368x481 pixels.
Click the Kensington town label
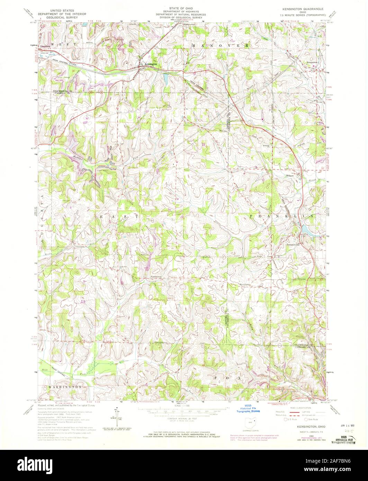(x=151, y=64)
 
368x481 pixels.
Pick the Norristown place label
(x=156, y=276)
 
